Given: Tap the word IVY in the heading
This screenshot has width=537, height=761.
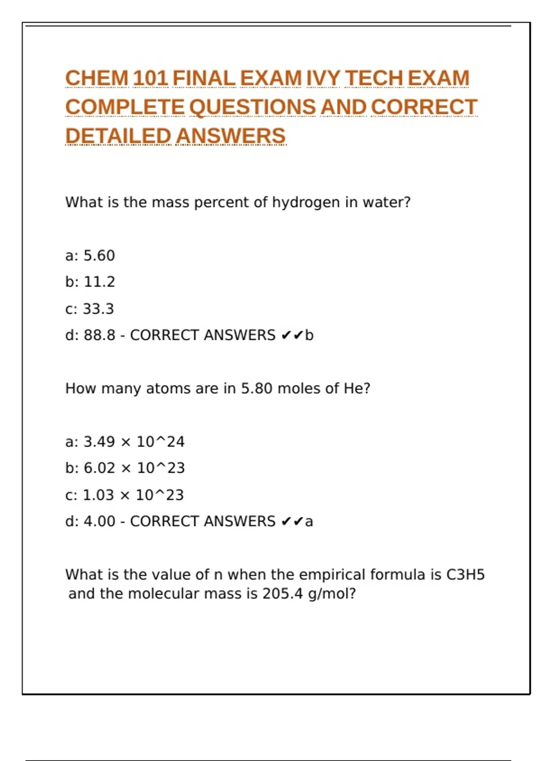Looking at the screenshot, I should click(x=323, y=78).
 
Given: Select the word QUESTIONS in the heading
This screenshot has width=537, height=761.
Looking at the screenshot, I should click(x=252, y=107).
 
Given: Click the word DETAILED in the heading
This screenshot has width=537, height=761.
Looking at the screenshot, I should click(x=118, y=136).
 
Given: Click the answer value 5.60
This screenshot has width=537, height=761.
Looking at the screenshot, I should click(x=99, y=256).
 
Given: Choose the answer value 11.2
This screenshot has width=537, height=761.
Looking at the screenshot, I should click(x=99, y=282).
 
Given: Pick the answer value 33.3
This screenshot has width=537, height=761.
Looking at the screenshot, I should click(x=98, y=309).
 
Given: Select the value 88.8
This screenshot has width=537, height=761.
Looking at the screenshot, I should click(x=99, y=335).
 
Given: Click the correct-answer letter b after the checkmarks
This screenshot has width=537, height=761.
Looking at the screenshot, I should click(x=309, y=335).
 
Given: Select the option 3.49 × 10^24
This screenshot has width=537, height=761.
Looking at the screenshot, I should click(x=134, y=442).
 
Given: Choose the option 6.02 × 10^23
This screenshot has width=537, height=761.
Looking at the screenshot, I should click(x=134, y=468).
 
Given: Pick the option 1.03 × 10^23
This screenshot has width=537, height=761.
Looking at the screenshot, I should click(x=133, y=495).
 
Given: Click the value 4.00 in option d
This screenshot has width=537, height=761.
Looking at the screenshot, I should click(x=99, y=522).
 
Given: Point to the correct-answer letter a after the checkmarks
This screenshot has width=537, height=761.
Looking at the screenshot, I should click(x=309, y=522).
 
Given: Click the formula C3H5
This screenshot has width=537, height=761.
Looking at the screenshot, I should click(x=465, y=575).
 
